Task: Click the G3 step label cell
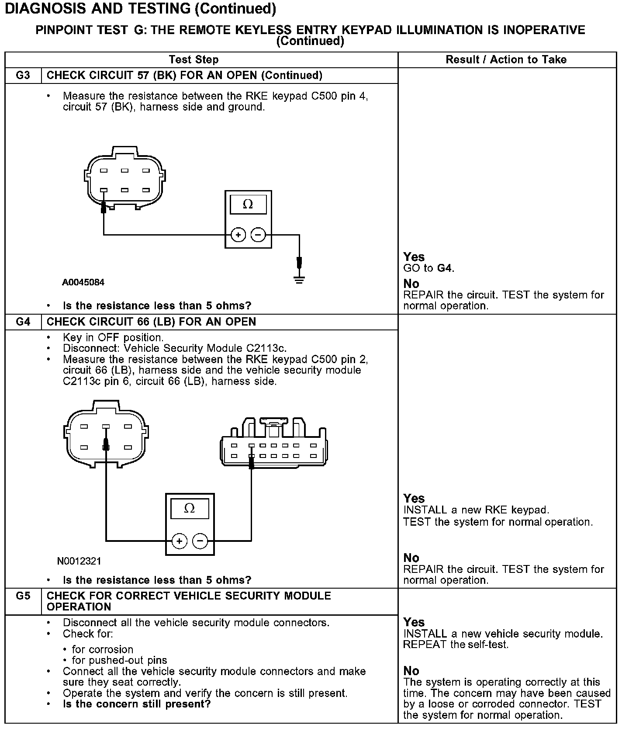tap(23, 76)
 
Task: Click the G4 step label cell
tap(23, 322)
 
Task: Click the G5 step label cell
tap(23, 596)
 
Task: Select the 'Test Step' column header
tap(194, 60)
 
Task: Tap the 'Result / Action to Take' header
tap(506, 60)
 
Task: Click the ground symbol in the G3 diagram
tap(299, 280)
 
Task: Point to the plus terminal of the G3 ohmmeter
tap(238, 235)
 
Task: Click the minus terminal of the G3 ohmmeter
tap(258, 235)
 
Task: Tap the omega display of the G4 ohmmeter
tap(190, 509)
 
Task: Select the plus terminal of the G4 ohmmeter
tap(179, 541)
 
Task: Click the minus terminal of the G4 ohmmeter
tap(200, 541)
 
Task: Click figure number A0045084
tap(83, 282)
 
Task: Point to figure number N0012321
tap(79, 561)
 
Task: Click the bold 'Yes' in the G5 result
tap(414, 622)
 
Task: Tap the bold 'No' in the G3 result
tap(411, 284)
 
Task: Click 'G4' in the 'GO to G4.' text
tap(444, 268)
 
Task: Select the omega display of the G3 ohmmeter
tap(248, 204)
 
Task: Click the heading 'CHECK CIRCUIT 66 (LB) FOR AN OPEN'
tap(151, 322)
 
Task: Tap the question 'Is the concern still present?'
tap(137, 704)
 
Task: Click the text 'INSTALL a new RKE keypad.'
tap(476, 510)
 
